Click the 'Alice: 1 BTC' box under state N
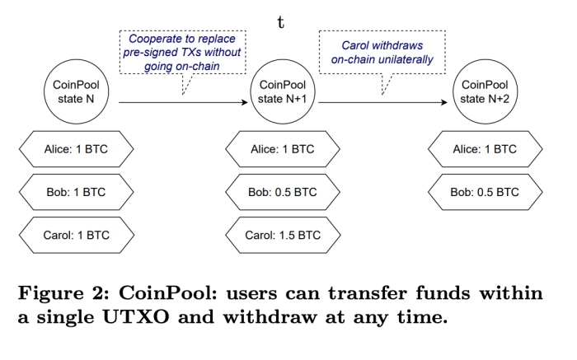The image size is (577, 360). coord(76,150)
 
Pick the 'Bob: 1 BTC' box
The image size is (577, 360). coord(76,193)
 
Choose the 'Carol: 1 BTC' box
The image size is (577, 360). coord(76,236)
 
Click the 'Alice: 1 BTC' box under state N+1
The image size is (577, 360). coord(282,150)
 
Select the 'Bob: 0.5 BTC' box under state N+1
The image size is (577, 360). coord(282,193)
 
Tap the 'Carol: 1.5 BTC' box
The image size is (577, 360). coord(282,236)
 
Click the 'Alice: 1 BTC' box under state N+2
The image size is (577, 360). coord(485,150)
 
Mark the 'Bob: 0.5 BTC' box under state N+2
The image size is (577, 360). coord(485,193)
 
